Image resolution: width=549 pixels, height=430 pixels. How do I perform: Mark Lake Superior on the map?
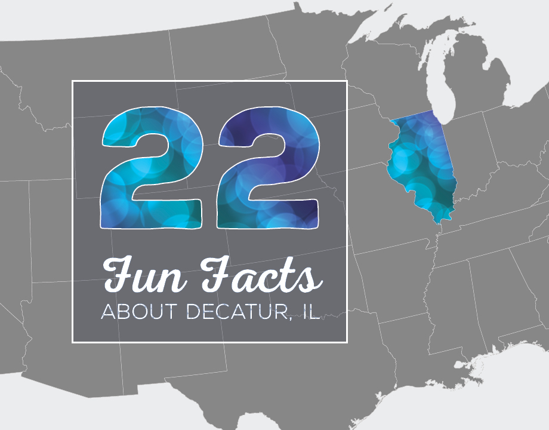point(382,24)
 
